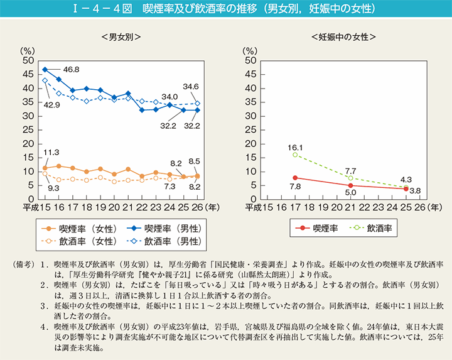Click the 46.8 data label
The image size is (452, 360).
pos(71,69)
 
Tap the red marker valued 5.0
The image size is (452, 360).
pos(350,185)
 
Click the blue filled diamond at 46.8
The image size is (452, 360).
pos(45,69)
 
